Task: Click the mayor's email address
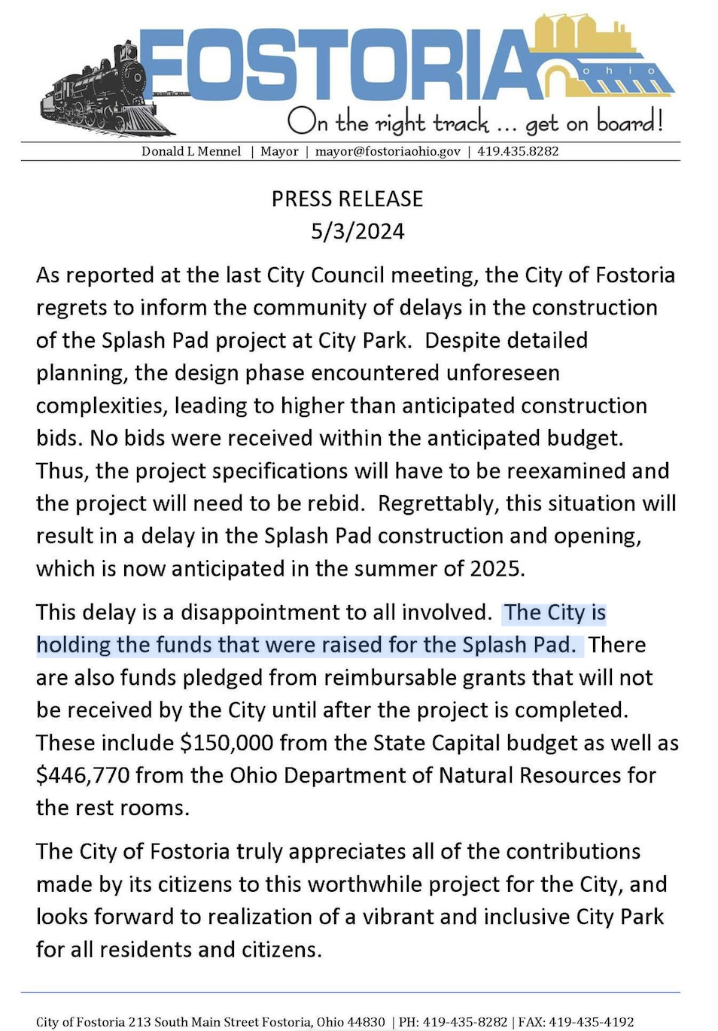pyautogui.click(x=388, y=151)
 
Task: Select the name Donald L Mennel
pyautogui.click(x=191, y=151)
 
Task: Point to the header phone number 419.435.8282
pyautogui.click(x=518, y=151)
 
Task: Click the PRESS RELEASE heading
pyautogui.click(x=347, y=199)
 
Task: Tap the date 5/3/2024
pyautogui.click(x=357, y=231)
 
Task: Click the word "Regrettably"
pyautogui.click(x=438, y=503)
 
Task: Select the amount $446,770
pyautogui.click(x=83, y=775)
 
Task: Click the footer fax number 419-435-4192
pyautogui.click(x=591, y=1022)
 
